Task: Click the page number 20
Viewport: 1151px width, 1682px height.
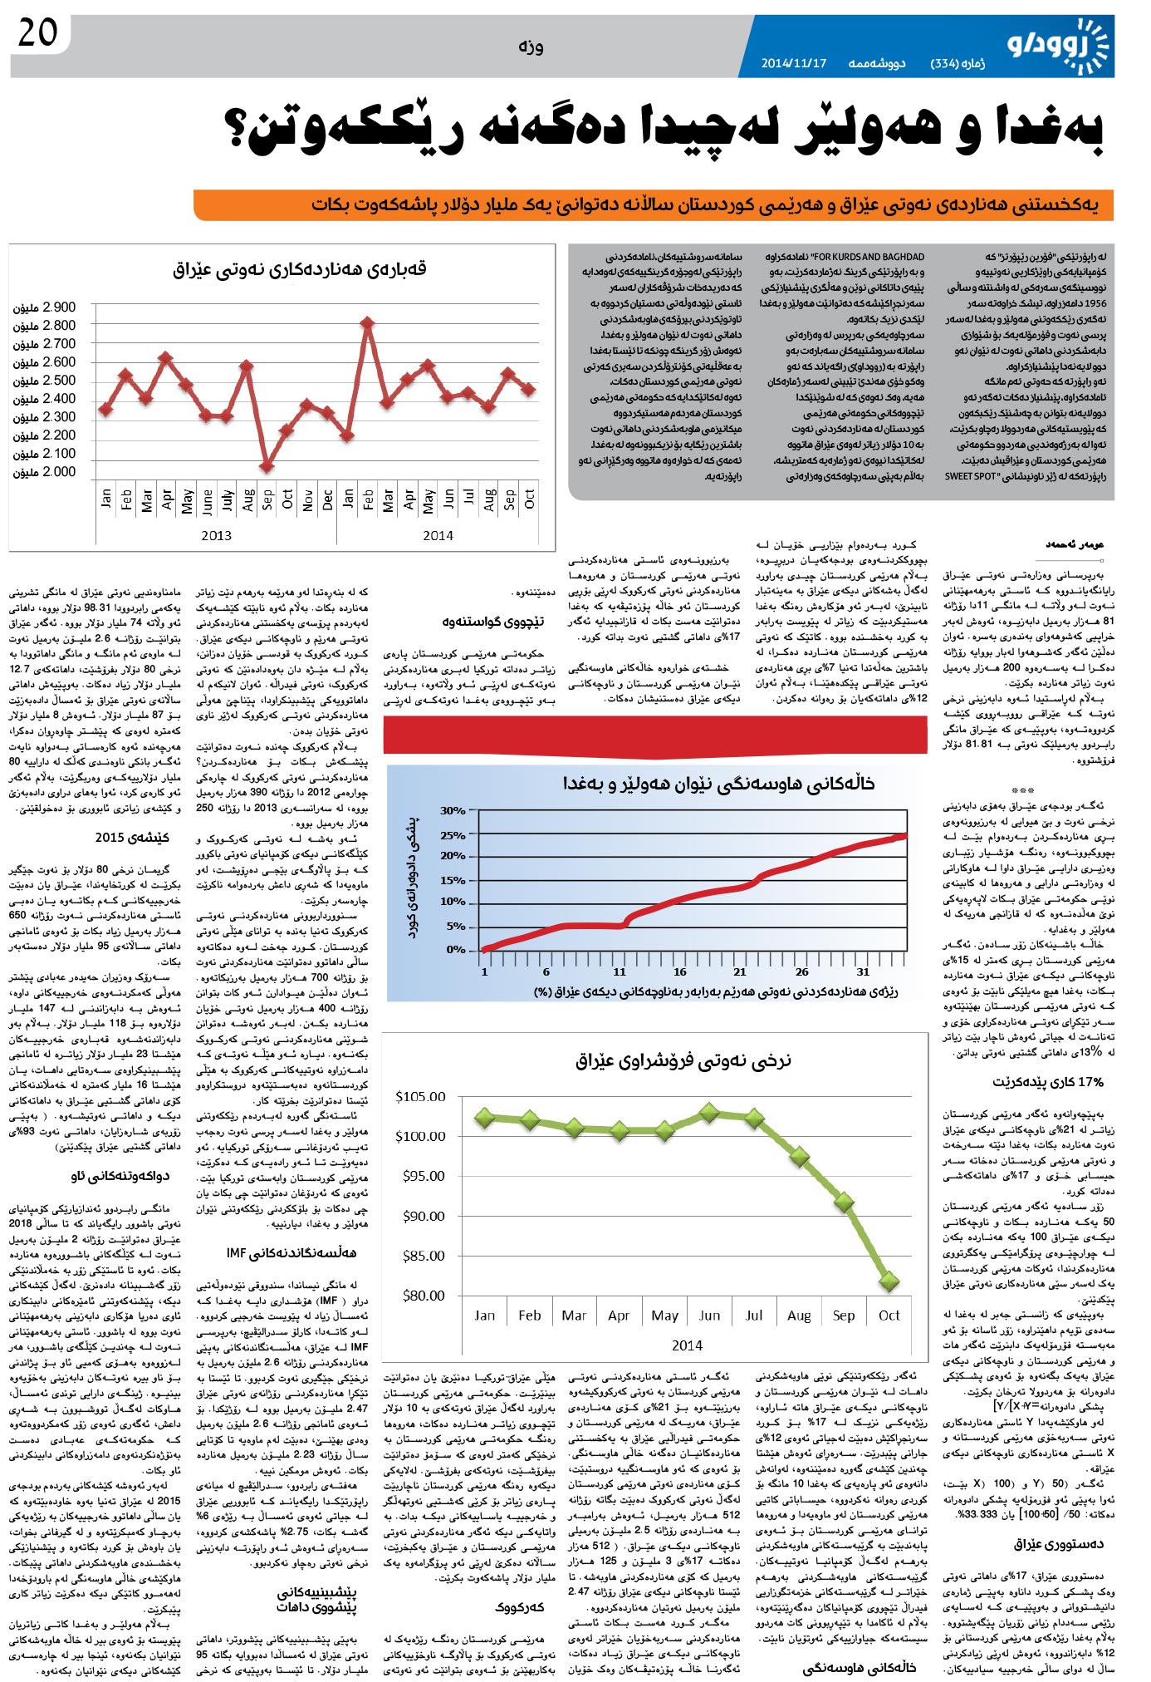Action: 37,34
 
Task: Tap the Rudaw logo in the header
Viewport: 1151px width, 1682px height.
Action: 1059,46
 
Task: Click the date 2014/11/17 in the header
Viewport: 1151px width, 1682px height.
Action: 794,64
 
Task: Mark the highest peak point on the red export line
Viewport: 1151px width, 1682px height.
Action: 367,322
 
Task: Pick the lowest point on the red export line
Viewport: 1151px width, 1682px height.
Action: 267,467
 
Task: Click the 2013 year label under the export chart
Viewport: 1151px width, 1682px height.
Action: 216,536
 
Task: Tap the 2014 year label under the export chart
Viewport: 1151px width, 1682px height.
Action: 438,536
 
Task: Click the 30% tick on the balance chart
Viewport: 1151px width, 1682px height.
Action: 453,811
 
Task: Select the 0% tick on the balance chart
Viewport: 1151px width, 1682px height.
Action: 456,949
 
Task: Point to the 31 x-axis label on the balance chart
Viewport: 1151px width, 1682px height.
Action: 864,971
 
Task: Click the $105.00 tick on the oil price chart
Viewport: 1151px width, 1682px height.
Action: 420,1097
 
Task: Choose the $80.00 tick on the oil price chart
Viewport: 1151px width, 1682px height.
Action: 424,1295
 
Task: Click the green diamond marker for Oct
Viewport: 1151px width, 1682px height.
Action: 889,1281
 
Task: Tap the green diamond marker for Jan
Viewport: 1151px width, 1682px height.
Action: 485,1118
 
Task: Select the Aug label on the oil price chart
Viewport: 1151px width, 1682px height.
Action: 799,1316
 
